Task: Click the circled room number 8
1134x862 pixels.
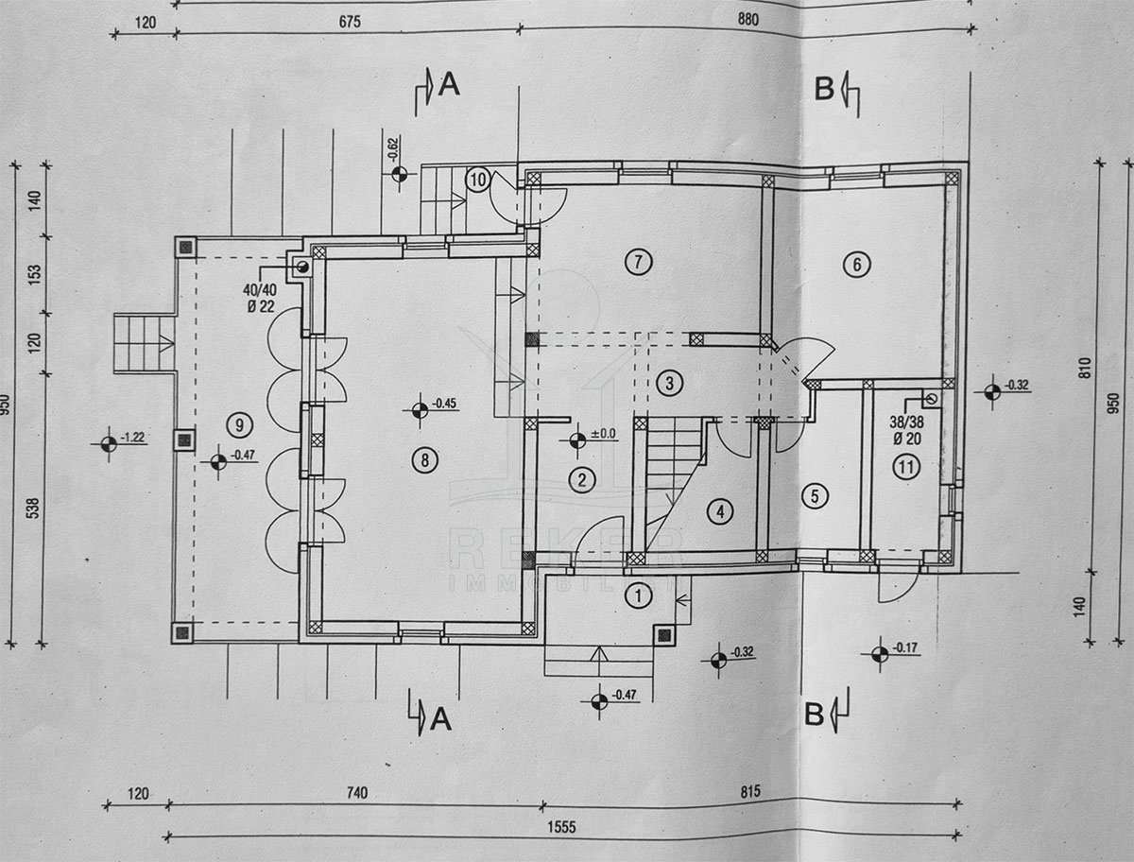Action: pyautogui.click(x=425, y=460)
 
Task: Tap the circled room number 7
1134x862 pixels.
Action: pyautogui.click(x=639, y=262)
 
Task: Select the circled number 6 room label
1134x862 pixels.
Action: pyautogui.click(x=856, y=265)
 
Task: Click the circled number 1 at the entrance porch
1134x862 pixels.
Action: pyautogui.click(x=640, y=595)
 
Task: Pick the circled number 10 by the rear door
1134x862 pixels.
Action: pyautogui.click(x=478, y=179)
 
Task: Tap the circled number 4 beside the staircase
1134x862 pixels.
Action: pyautogui.click(x=720, y=512)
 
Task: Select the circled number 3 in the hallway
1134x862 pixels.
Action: pyautogui.click(x=668, y=383)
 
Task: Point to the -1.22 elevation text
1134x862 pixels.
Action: pyautogui.click(x=133, y=438)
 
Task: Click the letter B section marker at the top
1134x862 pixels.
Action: pyautogui.click(x=824, y=88)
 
